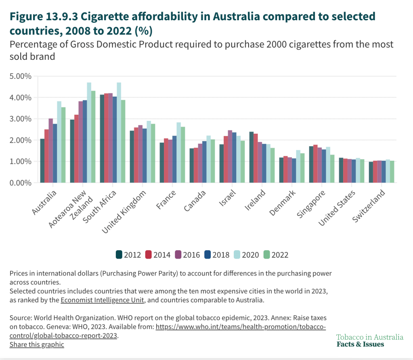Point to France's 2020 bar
tap(179, 152)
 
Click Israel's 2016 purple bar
tap(230, 156)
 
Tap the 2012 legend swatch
tap(119, 255)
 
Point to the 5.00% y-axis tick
tap(20, 76)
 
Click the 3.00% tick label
tap(20, 119)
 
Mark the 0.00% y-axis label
tap(20, 183)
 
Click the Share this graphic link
tap(37, 345)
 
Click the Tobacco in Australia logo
tap(369, 341)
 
